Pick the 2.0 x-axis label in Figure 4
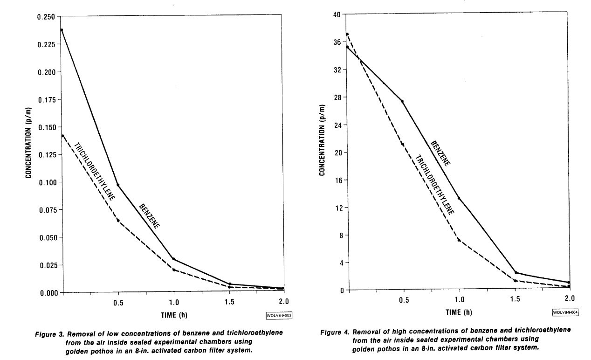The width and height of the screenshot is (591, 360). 569,298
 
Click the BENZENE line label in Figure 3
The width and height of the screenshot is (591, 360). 149,216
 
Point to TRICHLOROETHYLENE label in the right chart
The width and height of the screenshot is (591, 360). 434,184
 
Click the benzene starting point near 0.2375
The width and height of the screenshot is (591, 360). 62,30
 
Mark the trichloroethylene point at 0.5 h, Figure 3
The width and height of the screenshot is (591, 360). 118,220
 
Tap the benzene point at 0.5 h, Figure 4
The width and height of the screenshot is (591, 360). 402,101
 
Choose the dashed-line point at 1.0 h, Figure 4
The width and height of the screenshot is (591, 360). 459,240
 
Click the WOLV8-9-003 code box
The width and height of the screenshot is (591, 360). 279,315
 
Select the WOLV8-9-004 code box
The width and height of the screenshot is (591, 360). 565,312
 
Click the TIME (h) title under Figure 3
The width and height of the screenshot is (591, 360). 172,315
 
